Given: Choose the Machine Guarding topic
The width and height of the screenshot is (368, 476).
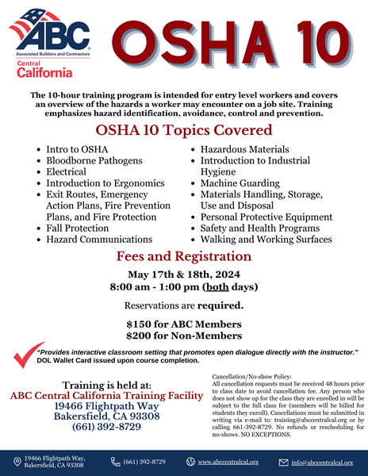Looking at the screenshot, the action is pos(240,183).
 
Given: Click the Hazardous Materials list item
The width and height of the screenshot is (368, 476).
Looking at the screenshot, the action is pos(244,149).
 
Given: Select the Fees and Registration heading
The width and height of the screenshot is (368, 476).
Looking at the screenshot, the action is pos(184,256).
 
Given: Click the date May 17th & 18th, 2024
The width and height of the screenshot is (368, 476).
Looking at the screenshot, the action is pos(184,275).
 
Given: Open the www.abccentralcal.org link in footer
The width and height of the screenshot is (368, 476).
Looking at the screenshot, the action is pos(228,462).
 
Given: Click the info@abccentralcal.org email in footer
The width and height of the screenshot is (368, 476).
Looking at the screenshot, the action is pos(321,462).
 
